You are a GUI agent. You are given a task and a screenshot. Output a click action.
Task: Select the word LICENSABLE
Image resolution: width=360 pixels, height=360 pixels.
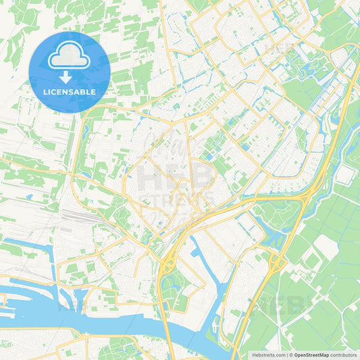tap(70, 92)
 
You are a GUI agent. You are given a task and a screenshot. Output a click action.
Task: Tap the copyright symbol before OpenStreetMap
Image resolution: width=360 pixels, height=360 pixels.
tap(291, 354)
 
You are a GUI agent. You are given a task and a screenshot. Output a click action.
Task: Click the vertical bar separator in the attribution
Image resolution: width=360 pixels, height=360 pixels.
tap(286, 354)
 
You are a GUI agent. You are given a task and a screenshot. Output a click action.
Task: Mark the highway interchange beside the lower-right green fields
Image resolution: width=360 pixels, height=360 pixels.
tap(277, 260)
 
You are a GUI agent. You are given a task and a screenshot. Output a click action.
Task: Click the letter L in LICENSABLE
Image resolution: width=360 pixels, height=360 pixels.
tap(45, 92)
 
